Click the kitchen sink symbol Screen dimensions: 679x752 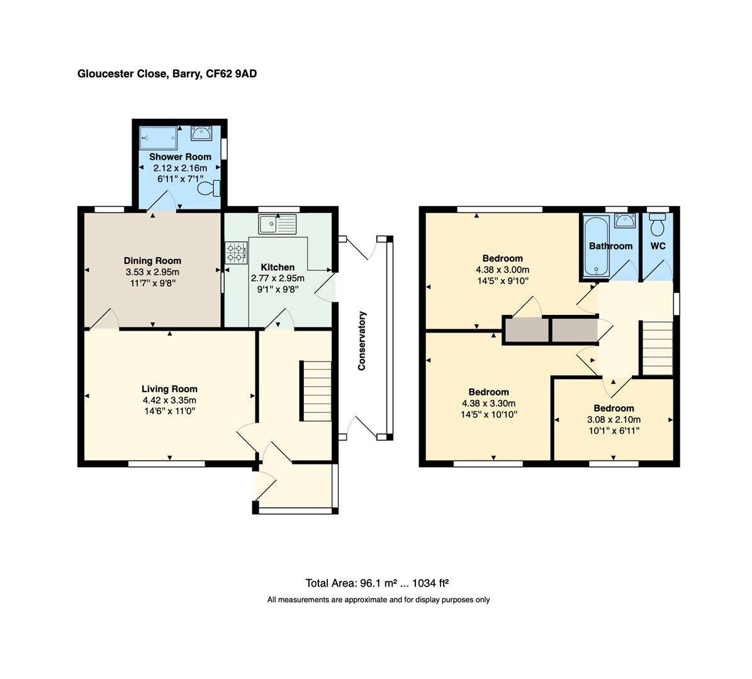click(277, 223)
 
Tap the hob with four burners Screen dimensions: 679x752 click(236, 253)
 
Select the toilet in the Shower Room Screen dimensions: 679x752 click(210, 188)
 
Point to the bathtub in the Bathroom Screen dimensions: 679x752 click(595, 246)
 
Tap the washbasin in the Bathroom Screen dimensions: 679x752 click(625, 221)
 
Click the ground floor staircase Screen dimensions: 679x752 click(316, 390)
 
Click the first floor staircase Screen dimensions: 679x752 click(657, 348)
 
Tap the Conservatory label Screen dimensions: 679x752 click(362, 340)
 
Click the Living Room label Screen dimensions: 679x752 click(169, 389)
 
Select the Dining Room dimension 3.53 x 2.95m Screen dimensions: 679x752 click(152, 272)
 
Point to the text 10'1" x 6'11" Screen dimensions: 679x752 click(614, 431)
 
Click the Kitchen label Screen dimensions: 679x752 click(278, 267)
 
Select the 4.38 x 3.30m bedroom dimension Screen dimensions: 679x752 click(488, 404)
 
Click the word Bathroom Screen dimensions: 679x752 click(610, 246)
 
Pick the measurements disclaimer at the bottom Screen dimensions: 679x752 click(378, 600)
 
